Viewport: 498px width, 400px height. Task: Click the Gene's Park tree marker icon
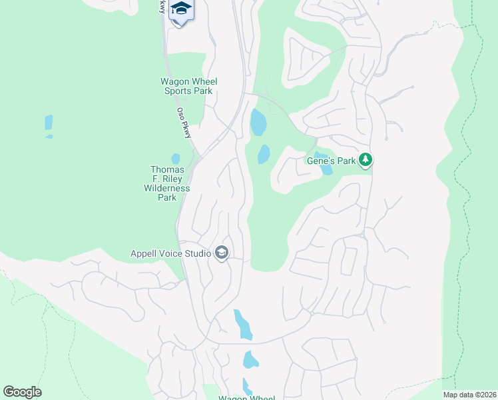click(365, 160)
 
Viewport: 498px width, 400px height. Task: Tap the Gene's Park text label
click(331, 161)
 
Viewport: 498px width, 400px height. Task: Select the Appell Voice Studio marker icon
click(222, 253)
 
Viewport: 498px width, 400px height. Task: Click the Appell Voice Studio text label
click(171, 253)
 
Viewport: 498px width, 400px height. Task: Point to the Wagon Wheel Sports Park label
click(189, 86)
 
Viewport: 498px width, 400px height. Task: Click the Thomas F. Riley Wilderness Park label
click(167, 183)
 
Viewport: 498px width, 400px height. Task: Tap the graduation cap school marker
click(181, 9)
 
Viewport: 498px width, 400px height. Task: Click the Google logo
click(22, 392)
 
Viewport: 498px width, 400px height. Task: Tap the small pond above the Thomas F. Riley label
click(176, 159)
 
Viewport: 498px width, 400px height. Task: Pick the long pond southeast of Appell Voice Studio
click(242, 325)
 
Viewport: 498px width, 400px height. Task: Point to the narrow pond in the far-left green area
click(49, 124)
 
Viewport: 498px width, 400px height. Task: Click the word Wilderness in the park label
click(167, 188)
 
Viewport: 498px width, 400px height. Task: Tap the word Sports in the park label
click(179, 91)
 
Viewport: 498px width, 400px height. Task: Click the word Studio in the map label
click(197, 253)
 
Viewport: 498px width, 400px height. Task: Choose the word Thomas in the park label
click(167, 169)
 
